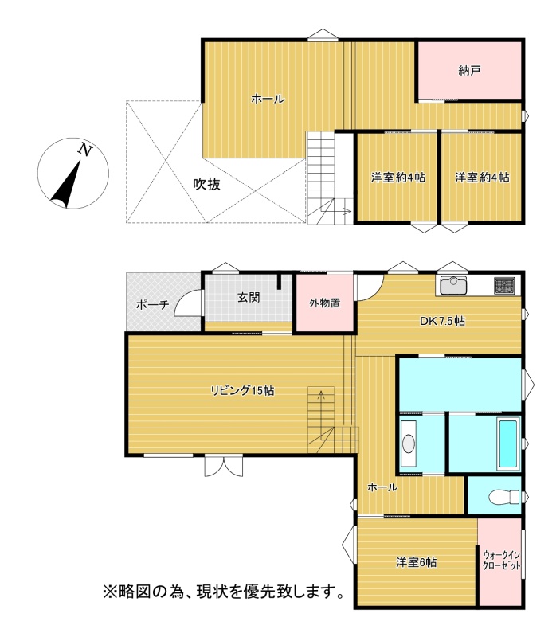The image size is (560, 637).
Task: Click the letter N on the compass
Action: [x=85, y=150]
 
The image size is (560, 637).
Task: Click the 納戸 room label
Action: [x=469, y=71]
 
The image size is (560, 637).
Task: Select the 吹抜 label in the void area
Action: [x=207, y=185]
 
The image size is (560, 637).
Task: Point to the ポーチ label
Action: [x=153, y=304]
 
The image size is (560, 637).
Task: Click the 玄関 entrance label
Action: [x=249, y=298]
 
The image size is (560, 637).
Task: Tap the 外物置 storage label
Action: [x=325, y=303]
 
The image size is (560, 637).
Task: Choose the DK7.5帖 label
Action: [x=442, y=321]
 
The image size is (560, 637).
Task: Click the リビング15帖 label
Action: [x=242, y=391]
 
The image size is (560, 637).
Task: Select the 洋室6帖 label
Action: [x=417, y=562]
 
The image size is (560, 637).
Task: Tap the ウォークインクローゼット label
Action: [x=502, y=561]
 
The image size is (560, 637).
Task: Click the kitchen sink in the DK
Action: [x=453, y=285]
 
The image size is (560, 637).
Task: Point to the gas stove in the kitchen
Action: [x=504, y=285]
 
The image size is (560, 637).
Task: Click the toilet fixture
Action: [x=504, y=497]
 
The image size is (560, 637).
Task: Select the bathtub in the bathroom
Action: [x=508, y=444]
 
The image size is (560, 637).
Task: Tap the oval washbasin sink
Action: [x=409, y=444]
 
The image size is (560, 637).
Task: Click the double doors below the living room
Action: [x=224, y=466]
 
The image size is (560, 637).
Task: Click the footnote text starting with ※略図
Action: [x=224, y=591]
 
